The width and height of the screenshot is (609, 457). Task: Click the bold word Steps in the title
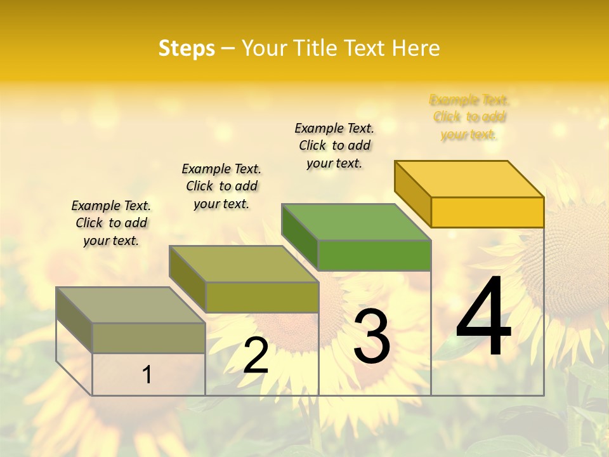[x=187, y=48]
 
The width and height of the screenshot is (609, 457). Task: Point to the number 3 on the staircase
[x=372, y=336]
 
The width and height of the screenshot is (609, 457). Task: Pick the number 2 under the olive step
[x=256, y=355]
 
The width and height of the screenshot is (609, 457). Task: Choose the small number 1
[x=147, y=374]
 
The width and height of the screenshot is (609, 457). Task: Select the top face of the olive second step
[x=244, y=264]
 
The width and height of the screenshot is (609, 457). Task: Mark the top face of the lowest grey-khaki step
[x=131, y=305]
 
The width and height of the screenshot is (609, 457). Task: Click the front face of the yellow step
[x=487, y=212]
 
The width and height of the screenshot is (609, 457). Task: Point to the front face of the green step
[x=374, y=255]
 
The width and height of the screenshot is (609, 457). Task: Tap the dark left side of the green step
[x=299, y=237]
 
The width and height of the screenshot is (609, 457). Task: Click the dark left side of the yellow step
[x=412, y=194]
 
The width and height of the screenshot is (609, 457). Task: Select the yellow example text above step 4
[x=469, y=117]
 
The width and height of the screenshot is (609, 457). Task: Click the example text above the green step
[x=334, y=145]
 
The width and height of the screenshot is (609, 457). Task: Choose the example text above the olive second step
[x=221, y=186]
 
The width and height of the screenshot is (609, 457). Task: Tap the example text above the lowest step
[x=111, y=223]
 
